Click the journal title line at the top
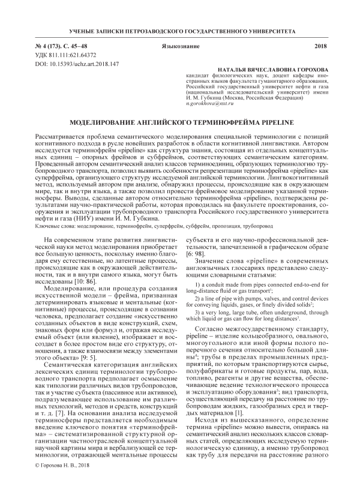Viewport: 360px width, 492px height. tap(180, 30)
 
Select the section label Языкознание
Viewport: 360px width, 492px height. tap(180, 46)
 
